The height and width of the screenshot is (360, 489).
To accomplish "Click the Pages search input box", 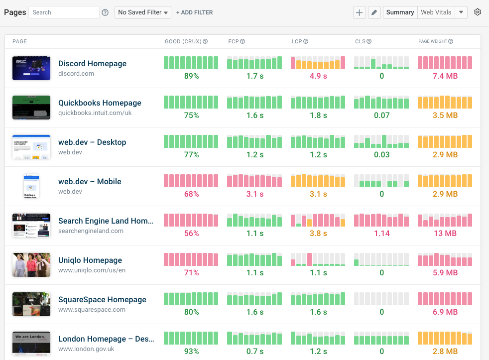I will [64, 12].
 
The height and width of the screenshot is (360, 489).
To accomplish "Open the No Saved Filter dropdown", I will [143, 12].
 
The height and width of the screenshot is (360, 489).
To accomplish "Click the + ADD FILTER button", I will [194, 12].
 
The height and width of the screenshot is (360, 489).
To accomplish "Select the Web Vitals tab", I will [436, 12].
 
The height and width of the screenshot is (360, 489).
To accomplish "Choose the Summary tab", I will [400, 12].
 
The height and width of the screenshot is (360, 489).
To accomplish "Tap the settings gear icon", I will [478, 12].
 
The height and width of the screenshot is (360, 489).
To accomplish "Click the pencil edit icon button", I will [374, 12].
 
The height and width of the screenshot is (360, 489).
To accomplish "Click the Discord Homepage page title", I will [92, 64].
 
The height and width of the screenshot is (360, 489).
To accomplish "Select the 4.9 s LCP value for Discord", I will [318, 76].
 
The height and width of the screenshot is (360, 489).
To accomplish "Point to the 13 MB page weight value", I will [445, 234].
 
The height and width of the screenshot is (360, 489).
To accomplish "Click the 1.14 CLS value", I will [381, 234].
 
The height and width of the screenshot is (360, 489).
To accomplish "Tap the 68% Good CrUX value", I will [191, 194].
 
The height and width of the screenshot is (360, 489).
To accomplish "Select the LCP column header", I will [297, 41].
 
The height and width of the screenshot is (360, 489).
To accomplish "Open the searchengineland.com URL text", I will [91, 231].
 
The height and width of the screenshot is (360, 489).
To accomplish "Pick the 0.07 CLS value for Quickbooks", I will [381, 116].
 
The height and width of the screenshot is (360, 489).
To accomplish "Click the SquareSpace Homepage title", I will [102, 300].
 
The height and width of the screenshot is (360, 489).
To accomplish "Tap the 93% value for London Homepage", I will [191, 352].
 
